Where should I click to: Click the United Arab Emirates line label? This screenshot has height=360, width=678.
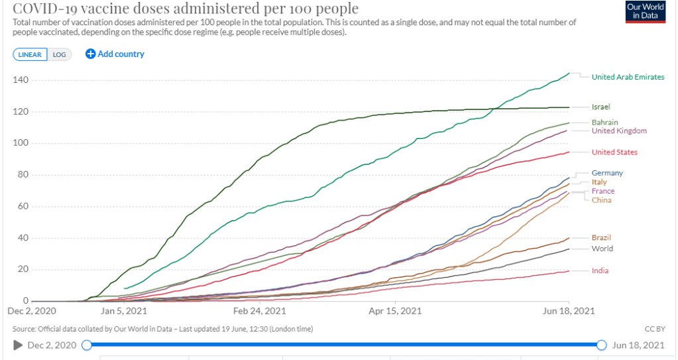click(x=628, y=77)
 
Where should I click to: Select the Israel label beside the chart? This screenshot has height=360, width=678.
click(x=600, y=107)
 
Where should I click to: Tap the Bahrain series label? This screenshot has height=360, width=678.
click(x=604, y=123)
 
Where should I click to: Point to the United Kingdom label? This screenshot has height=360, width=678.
click(x=619, y=131)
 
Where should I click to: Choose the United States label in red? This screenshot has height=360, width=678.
click(x=614, y=152)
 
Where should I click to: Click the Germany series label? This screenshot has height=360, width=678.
click(x=607, y=173)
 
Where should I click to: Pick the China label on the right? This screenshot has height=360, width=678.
click(x=601, y=200)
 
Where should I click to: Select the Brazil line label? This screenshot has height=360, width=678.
click(x=601, y=237)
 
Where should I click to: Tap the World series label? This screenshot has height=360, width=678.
click(x=602, y=249)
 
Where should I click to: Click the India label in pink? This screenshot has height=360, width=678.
click(x=600, y=270)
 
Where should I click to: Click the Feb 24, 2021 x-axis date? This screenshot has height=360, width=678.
click(x=260, y=310)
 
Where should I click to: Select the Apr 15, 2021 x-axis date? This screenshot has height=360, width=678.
click(x=396, y=310)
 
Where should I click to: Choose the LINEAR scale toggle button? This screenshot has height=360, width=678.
click(x=30, y=54)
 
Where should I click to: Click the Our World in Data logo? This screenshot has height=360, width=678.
click(x=646, y=13)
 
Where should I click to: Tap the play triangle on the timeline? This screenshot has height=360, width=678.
click(x=17, y=345)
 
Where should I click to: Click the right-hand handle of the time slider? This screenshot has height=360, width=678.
click(x=601, y=345)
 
